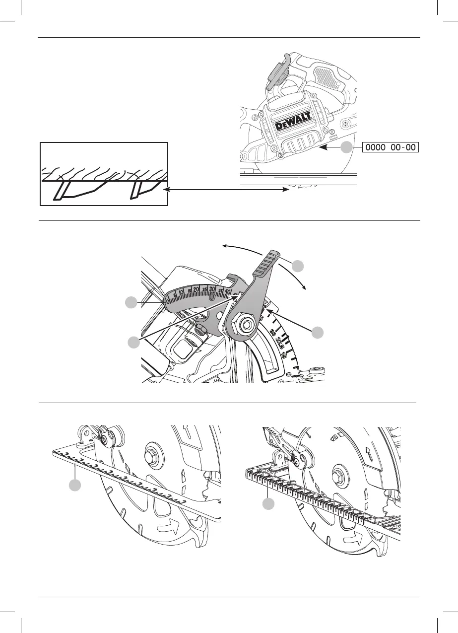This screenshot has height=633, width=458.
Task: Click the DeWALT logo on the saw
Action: pyautogui.click(x=293, y=122)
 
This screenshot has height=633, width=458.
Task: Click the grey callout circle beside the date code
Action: pyautogui.click(x=348, y=147)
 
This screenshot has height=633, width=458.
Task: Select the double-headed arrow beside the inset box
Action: pyautogui.click(x=228, y=189)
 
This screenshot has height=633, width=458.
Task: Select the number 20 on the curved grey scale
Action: pyautogui.click(x=197, y=289)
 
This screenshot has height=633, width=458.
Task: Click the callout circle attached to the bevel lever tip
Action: pyautogui.click(x=298, y=266)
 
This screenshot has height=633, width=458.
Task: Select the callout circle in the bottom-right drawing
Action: pyautogui.click(x=268, y=504)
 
